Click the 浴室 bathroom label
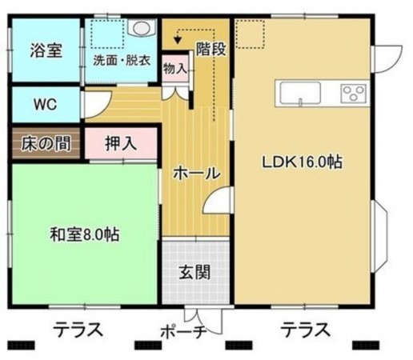click(x=46, y=48)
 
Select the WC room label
click(x=45, y=103)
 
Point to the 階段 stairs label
click(x=211, y=47)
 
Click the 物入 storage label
click(x=175, y=68)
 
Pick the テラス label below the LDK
click(x=305, y=330)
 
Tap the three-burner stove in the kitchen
click(x=353, y=93)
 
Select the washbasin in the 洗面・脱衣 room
click(x=142, y=29)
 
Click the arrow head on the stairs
click(x=178, y=38)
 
